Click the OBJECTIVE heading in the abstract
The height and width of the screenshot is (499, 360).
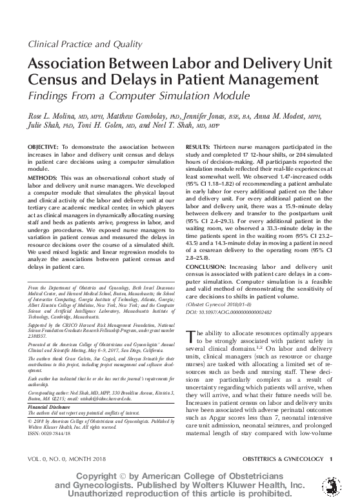click(43, 148)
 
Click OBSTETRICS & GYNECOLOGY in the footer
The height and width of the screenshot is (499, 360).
click(281, 458)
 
